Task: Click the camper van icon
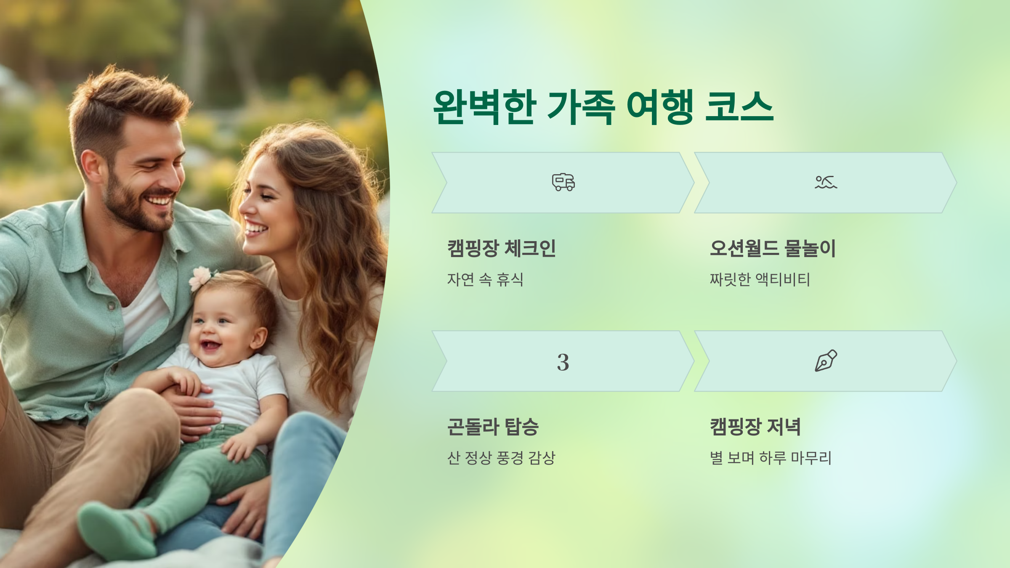(563, 182)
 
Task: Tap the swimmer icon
(826, 182)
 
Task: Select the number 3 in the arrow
(563, 362)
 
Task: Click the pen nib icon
(826, 361)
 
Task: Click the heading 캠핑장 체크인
(501, 248)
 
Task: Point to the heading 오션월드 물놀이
(773, 248)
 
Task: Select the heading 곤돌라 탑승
(493, 427)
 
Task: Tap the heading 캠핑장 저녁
(755, 427)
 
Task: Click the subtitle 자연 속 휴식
(485, 279)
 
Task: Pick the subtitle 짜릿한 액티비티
(760, 279)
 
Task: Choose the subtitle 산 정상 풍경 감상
(501, 458)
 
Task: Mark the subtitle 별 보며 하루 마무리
(771, 458)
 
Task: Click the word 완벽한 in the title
(484, 107)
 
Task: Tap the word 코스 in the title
(739, 107)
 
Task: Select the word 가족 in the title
(581, 107)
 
